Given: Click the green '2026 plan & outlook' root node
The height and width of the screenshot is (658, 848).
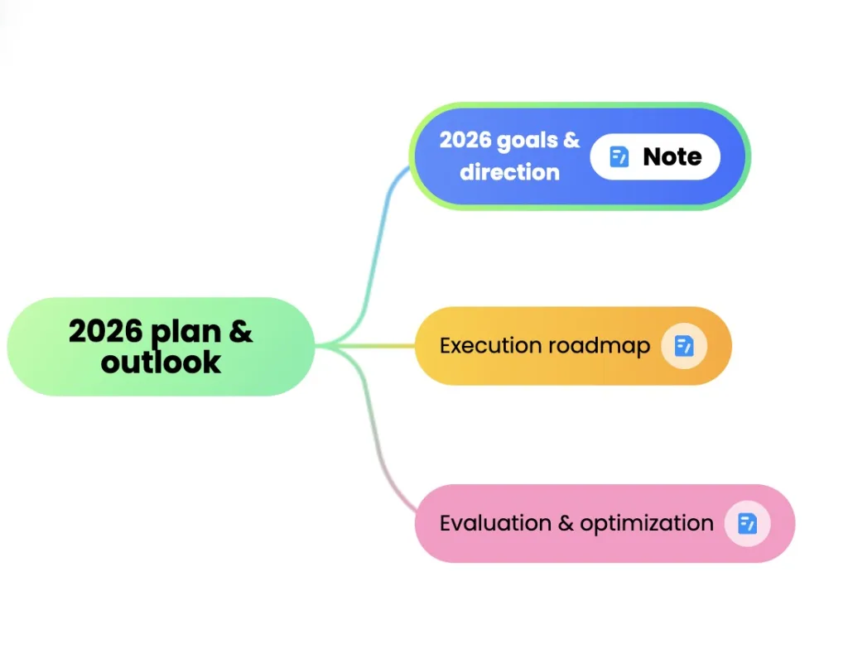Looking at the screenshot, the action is tap(161, 346).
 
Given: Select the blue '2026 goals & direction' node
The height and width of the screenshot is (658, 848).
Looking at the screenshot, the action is tap(580, 156).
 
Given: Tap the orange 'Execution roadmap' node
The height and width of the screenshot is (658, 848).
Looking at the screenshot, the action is tap(573, 346).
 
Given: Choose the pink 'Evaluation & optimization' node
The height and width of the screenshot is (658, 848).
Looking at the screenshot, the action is tap(605, 523).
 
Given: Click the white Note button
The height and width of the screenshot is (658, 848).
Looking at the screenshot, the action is tap(655, 156).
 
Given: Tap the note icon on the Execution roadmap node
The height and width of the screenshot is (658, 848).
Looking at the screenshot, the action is tap(684, 346).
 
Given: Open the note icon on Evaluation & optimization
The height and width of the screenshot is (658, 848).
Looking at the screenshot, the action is tap(748, 523).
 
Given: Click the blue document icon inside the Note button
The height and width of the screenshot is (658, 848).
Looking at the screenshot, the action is tap(619, 156).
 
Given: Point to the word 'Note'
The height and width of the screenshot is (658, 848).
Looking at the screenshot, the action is tap(672, 156).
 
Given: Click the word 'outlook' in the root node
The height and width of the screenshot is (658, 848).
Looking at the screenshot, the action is tap(161, 362).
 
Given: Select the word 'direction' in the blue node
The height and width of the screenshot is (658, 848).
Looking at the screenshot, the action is tap(509, 172).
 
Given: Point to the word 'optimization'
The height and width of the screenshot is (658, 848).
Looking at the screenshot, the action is tap(647, 524).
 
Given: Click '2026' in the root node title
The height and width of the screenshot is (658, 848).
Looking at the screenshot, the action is tap(105, 330).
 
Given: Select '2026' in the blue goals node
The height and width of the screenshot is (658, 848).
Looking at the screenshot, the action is tap(465, 140).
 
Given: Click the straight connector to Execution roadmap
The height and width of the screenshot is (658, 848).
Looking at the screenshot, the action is tap(365, 345).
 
